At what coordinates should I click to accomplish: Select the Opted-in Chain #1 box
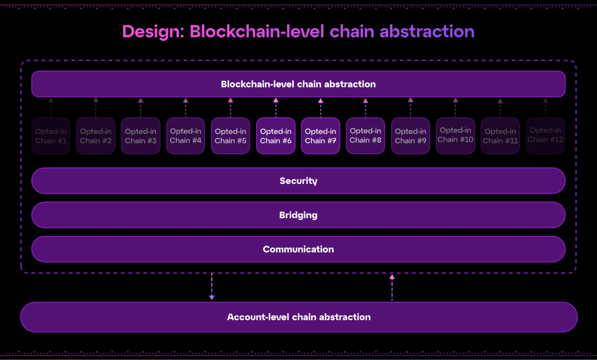(x=51, y=136)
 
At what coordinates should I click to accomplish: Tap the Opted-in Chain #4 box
(x=186, y=136)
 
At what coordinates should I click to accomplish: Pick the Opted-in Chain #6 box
(x=276, y=136)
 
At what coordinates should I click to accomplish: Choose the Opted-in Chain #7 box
(x=321, y=136)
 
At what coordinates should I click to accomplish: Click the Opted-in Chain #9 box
(x=410, y=136)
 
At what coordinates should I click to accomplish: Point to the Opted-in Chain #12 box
(x=545, y=135)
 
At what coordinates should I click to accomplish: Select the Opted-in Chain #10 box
(x=456, y=135)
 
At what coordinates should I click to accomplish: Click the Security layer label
(x=298, y=181)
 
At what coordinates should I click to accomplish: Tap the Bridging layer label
(x=298, y=215)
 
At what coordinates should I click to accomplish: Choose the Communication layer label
(x=298, y=249)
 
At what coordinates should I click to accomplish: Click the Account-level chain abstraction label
(x=298, y=317)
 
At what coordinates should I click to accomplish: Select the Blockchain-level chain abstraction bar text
(x=298, y=84)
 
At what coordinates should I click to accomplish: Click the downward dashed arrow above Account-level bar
(x=212, y=287)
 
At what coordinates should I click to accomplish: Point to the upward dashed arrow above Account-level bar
(x=392, y=287)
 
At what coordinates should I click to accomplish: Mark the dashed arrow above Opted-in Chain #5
(x=230, y=107)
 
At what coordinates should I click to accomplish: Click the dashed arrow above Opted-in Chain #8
(x=365, y=107)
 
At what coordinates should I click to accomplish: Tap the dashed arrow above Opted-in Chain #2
(x=96, y=107)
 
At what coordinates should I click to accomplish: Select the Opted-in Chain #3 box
(x=141, y=136)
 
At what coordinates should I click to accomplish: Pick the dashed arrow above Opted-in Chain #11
(x=500, y=107)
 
